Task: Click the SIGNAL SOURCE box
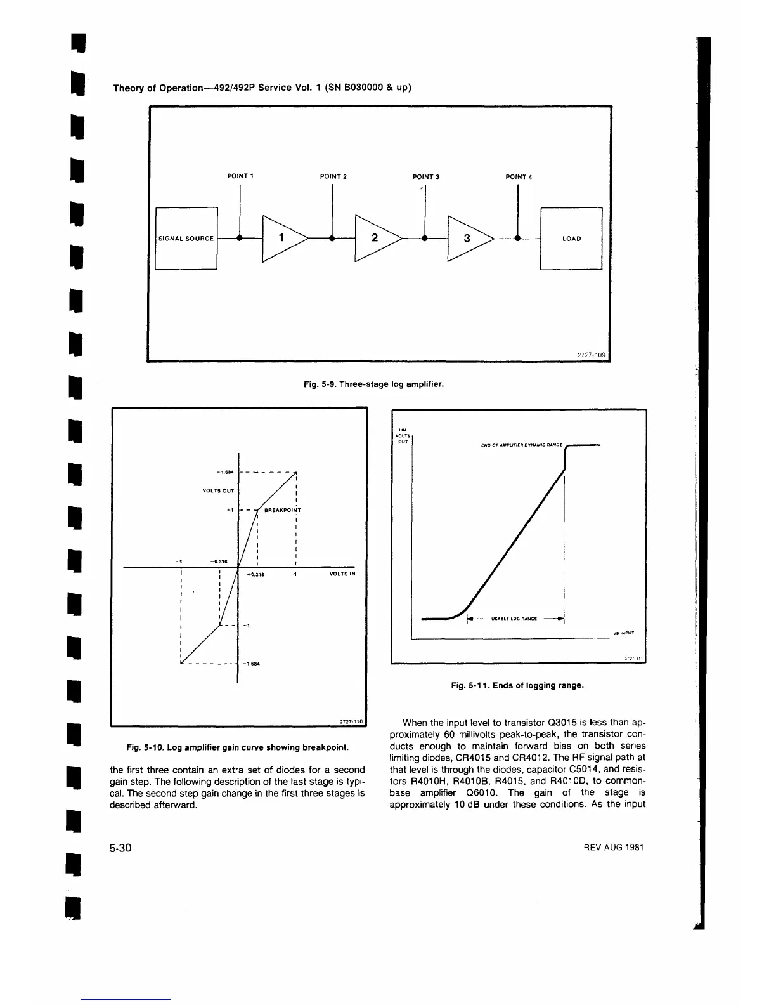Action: [x=186, y=239]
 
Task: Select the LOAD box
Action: [x=571, y=239]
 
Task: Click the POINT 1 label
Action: [x=240, y=176]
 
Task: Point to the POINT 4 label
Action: [x=518, y=176]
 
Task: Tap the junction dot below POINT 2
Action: [x=332, y=239]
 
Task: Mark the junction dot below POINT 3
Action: [x=425, y=239]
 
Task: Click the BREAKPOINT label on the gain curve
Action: [x=282, y=509]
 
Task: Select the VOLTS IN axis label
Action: [x=342, y=574]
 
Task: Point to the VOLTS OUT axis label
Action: [x=218, y=490]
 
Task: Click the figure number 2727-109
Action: [x=593, y=355]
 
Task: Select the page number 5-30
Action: [x=120, y=848]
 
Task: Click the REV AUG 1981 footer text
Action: [x=613, y=848]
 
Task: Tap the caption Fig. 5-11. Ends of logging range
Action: [x=517, y=685]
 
